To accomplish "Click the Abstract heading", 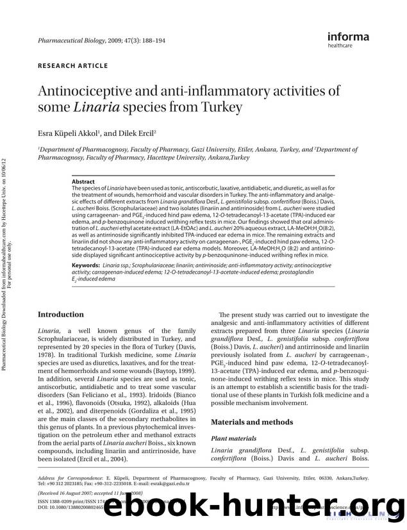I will tap(84, 182).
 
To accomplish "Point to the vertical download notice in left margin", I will tap(12, 192).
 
